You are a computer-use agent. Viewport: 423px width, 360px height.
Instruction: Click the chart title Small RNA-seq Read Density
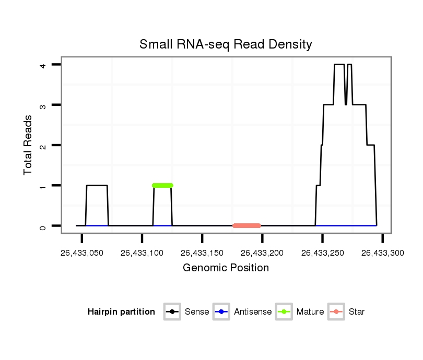226,44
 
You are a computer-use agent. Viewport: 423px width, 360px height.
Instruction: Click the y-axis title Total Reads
28,145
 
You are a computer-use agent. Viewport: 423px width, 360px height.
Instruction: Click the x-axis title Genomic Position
226,268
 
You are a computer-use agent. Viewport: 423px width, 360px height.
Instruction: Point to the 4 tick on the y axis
44,65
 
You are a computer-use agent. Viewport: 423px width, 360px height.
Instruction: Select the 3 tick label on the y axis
44,105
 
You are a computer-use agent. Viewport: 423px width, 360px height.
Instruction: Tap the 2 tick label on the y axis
44,145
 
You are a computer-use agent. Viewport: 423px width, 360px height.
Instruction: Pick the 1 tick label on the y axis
44,186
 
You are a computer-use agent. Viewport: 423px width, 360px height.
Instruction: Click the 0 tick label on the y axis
44,226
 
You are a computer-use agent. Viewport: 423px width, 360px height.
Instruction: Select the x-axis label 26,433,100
142,253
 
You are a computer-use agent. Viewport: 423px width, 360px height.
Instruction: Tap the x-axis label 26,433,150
202,253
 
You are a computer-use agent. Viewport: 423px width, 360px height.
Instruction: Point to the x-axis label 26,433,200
262,253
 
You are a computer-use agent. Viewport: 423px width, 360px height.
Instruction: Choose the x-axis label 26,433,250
322,253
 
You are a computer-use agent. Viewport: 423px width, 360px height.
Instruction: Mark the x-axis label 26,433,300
383,253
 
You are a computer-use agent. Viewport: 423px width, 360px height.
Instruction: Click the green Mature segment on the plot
162,185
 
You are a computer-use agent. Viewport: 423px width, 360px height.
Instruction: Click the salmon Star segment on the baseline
246,225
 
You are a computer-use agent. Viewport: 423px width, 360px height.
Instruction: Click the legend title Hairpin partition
121,312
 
